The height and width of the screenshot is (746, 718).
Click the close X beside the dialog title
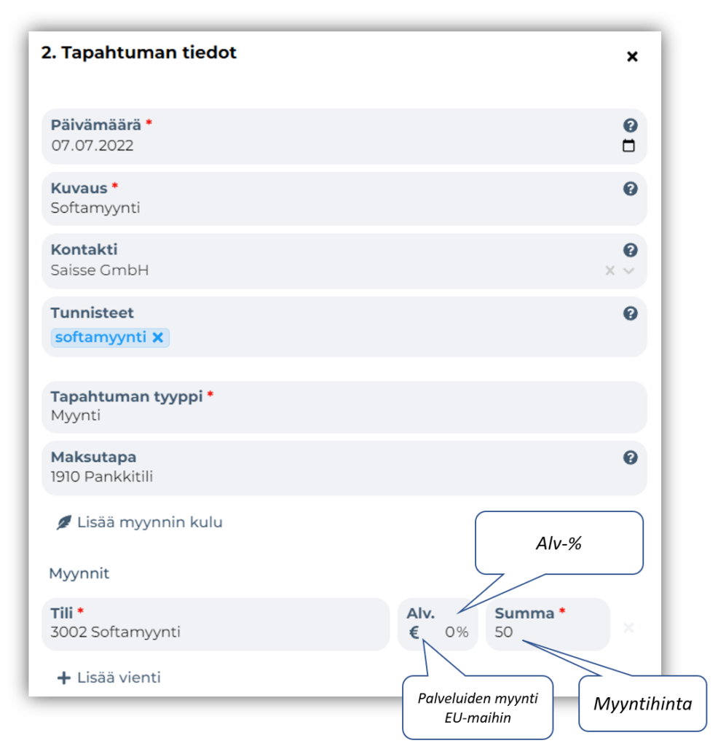click(632, 57)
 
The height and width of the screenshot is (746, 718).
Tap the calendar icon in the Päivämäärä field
click(628, 145)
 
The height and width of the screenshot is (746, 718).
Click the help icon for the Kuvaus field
click(630, 189)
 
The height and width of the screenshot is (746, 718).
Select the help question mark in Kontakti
click(630, 250)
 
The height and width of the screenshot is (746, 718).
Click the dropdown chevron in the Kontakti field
click(628, 271)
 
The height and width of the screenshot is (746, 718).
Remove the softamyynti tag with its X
click(158, 337)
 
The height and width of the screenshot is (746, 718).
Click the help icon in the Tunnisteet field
click(630, 313)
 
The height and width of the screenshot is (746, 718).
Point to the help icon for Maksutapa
click(630, 458)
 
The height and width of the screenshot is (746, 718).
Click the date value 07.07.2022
click(92, 146)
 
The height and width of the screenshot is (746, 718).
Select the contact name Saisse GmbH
click(100, 270)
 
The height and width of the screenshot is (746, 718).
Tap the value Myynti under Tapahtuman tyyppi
click(76, 416)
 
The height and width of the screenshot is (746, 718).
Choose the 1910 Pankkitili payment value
click(102, 476)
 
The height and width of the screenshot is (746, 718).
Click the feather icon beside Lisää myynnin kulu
click(64, 522)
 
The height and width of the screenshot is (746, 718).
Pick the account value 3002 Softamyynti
click(116, 632)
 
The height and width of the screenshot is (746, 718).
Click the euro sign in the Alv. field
click(414, 632)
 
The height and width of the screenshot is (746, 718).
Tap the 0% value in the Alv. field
click(457, 632)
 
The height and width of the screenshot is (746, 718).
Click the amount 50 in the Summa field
click(504, 632)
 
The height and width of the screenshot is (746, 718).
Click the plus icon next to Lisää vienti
click(63, 678)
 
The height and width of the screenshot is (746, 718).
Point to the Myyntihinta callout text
click(643, 704)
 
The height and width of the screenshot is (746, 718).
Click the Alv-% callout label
click(559, 543)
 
